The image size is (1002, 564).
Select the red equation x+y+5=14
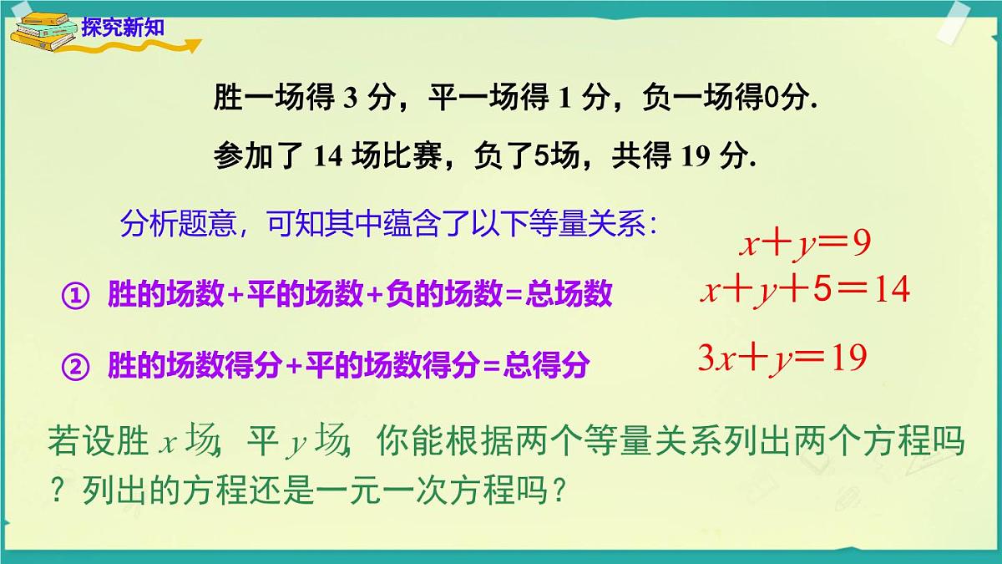click(x=804, y=291)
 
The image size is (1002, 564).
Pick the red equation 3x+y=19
click(x=782, y=358)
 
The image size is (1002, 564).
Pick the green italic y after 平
click(x=295, y=443)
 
